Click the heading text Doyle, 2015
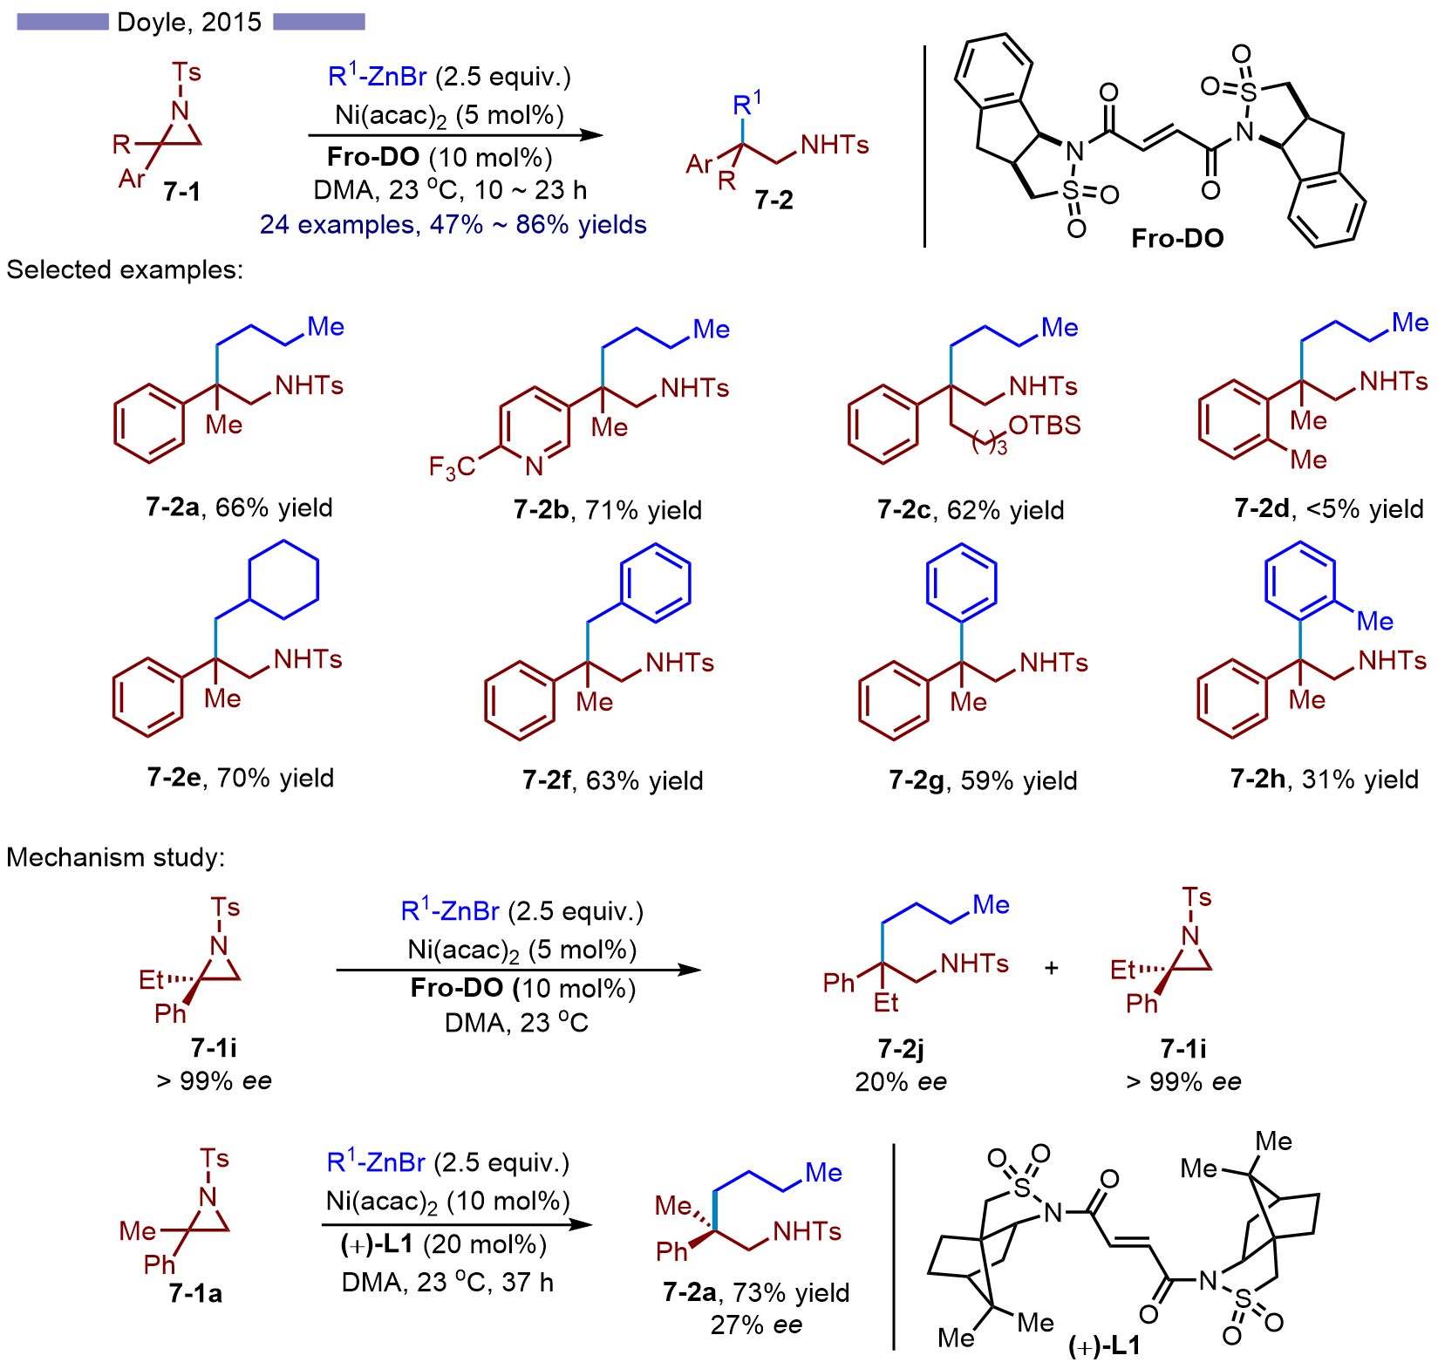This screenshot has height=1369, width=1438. (189, 21)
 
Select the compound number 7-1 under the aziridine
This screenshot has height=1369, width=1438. (181, 191)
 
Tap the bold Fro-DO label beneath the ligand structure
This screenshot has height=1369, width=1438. (1176, 238)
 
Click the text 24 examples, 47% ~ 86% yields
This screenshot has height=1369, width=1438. (453, 225)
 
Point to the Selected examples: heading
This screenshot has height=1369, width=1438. (125, 270)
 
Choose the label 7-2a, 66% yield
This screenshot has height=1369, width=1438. (239, 507)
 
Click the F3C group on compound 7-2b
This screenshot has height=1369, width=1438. (451, 468)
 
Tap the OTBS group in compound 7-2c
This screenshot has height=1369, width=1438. (1044, 426)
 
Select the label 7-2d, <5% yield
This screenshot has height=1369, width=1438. (1328, 508)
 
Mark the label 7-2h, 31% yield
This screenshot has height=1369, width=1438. (1324, 779)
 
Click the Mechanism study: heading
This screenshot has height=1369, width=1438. (116, 858)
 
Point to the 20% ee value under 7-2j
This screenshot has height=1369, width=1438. (900, 1082)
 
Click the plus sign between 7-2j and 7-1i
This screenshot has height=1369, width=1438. (1052, 968)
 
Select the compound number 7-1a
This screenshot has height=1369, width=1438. (195, 1293)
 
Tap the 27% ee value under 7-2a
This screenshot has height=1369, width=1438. (756, 1325)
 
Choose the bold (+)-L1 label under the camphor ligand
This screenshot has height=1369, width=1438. (1104, 1346)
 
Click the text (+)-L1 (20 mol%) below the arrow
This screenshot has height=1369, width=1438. (444, 1244)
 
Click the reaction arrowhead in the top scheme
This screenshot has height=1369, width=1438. (592, 135)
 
